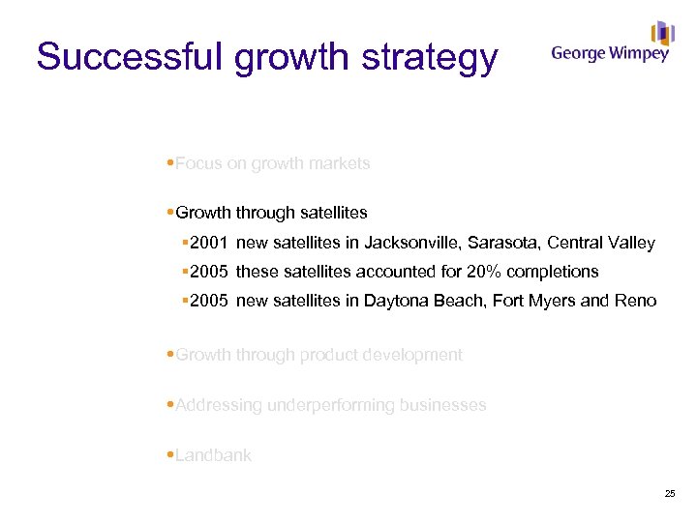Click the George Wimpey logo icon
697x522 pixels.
[662, 34]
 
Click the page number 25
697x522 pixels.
[670, 494]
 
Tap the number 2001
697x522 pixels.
[209, 243]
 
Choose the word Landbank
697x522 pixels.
[213, 455]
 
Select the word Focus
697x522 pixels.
[197, 163]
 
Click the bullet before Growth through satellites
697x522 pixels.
[170, 212]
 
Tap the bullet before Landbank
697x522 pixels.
[170, 455]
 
